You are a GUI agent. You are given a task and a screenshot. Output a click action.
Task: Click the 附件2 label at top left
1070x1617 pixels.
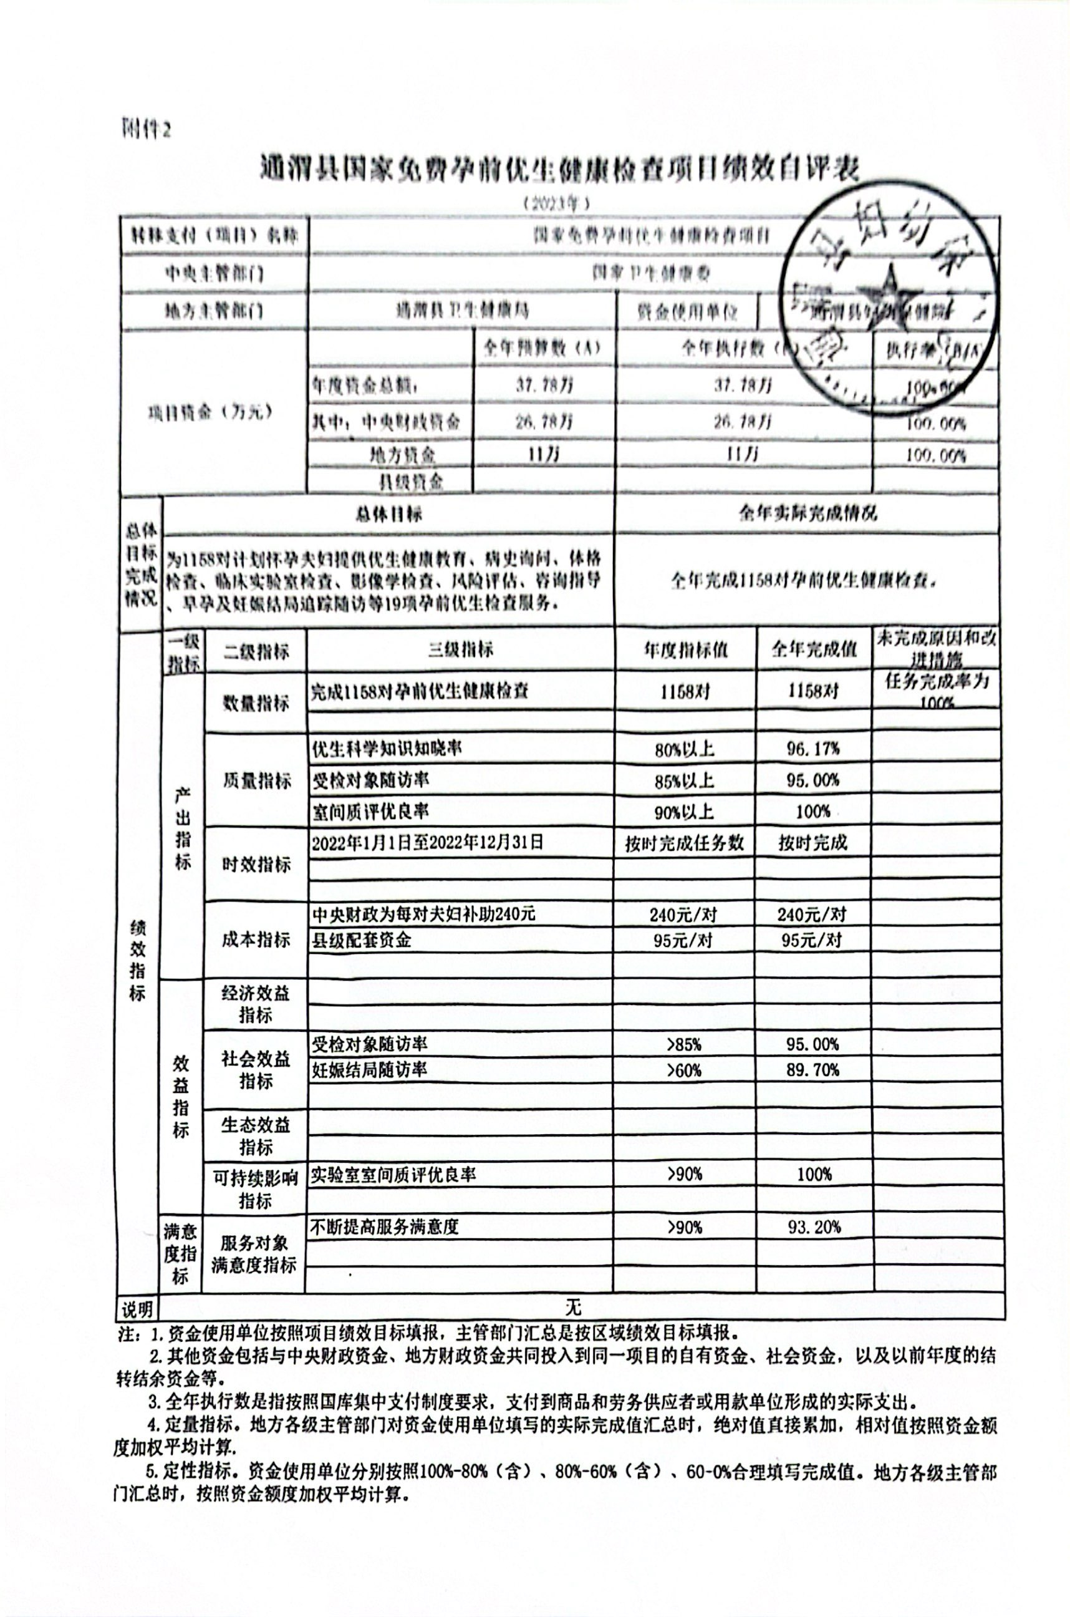click(x=145, y=128)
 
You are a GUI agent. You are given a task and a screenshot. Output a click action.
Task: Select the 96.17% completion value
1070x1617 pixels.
click(x=812, y=749)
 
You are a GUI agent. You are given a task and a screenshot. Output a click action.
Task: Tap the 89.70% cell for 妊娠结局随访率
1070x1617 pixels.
click(x=812, y=1070)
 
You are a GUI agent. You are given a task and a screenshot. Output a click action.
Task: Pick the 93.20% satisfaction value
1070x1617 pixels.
click(x=814, y=1226)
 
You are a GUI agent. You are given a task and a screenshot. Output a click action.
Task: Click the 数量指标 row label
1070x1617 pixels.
click(x=256, y=702)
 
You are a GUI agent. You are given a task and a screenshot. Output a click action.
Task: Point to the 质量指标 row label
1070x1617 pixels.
click(x=256, y=780)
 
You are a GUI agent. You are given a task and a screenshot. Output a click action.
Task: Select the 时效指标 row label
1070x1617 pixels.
click(x=256, y=864)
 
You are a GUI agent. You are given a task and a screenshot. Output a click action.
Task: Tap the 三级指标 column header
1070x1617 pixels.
click(x=460, y=649)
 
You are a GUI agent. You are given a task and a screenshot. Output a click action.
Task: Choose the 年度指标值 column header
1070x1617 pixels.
click(x=685, y=649)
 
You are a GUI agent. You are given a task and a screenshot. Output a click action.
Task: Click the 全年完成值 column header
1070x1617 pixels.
click(x=814, y=649)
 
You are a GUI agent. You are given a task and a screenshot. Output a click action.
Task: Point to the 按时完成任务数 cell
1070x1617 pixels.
click(x=685, y=843)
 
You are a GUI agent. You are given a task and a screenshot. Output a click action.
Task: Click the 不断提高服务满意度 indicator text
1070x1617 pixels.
click(x=384, y=1226)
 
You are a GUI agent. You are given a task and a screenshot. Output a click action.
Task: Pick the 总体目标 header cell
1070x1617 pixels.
click(x=388, y=514)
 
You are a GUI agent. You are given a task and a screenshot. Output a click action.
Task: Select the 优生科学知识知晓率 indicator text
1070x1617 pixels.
click(x=387, y=749)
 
